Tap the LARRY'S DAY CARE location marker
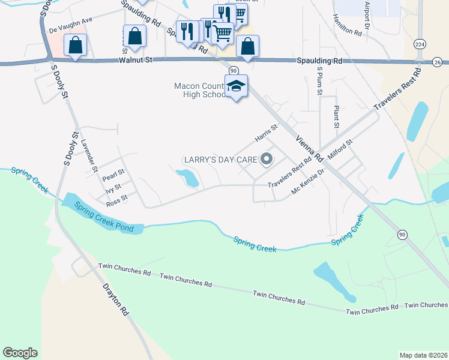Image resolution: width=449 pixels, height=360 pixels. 267,160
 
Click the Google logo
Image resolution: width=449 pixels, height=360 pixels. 20,353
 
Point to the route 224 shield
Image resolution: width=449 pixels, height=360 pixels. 420,44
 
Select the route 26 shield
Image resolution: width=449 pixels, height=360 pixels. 437,62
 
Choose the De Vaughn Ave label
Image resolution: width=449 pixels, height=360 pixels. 71,25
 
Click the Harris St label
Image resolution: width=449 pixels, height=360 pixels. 267,133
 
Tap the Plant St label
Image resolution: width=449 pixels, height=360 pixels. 336,117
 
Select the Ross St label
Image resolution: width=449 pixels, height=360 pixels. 116,200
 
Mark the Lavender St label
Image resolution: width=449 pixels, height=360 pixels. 90,155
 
